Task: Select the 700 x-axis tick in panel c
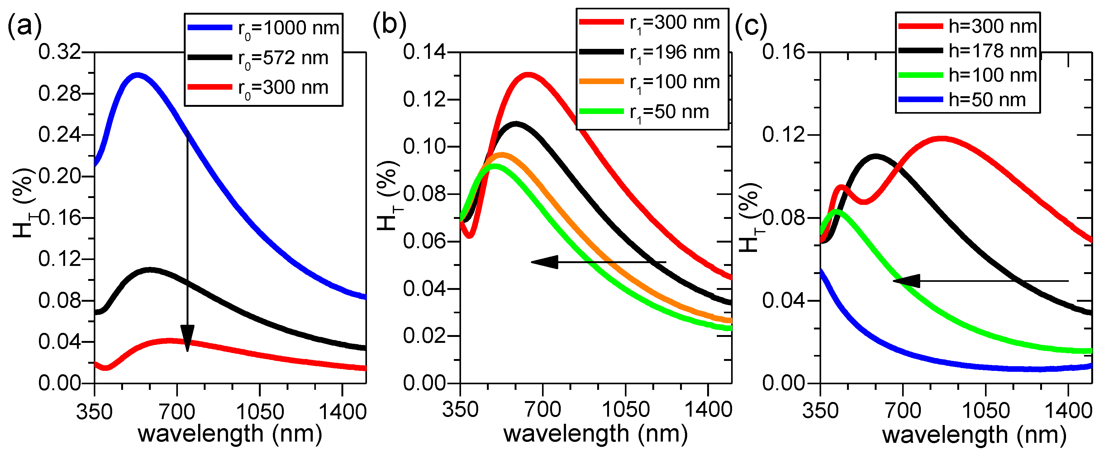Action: pyautogui.click(x=903, y=411)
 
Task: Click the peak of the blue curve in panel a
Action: pyautogui.click(x=137, y=75)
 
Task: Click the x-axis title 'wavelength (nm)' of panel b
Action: pyautogui.click(x=596, y=433)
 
